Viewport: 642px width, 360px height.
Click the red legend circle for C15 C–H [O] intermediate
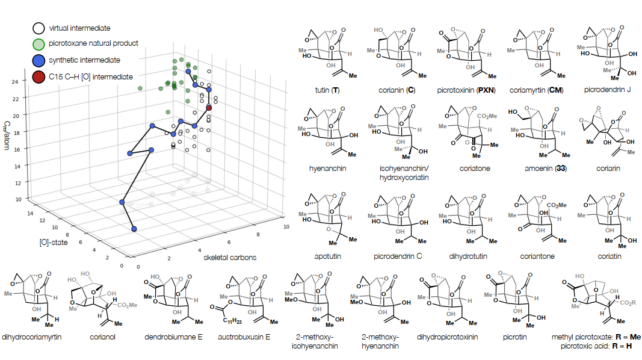click(39, 77)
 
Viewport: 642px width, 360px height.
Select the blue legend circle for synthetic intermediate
click(39, 60)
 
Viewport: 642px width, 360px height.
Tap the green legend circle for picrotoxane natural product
click(39, 44)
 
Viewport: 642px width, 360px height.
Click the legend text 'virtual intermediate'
click(79, 28)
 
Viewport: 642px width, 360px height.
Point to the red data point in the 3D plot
click(209, 108)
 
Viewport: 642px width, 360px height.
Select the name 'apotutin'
click(325, 256)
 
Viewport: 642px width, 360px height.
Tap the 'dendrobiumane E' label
click(176, 337)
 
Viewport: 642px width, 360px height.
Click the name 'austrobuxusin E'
click(246, 337)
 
